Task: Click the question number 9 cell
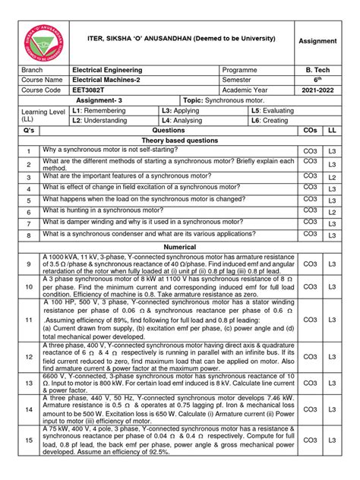[x=29, y=264]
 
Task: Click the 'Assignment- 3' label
[x=113, y=99]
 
